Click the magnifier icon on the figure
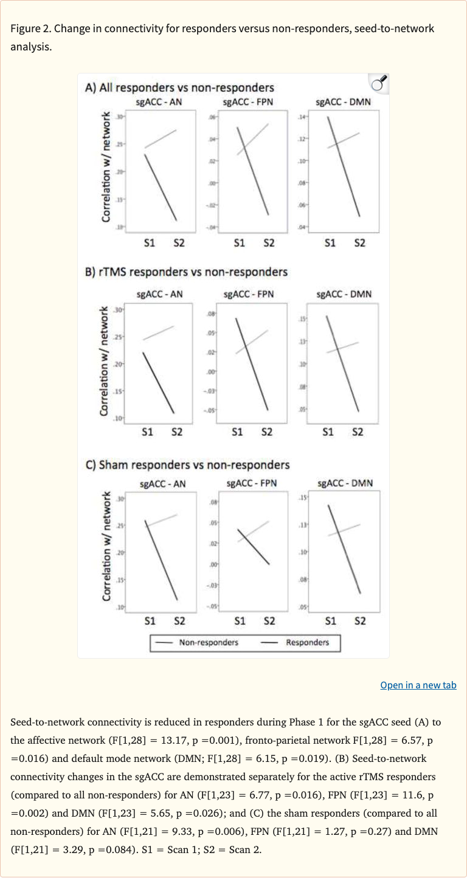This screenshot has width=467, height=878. [378, 84]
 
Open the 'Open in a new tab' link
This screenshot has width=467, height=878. [418, 685]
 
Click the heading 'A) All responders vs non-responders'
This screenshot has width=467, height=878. [179, 88]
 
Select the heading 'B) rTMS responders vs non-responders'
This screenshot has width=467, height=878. [185, 272]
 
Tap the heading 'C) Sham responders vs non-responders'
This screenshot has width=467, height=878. [187, 465]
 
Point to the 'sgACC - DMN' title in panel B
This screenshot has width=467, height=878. [344, 294]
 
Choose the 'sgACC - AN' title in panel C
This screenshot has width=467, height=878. [163, 484]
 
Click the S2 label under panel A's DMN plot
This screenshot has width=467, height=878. [359, 242]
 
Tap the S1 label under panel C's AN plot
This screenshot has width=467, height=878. [150, 621]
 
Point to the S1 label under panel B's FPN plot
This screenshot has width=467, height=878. [237, 432]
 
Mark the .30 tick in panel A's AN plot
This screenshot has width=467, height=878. [119, 116]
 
